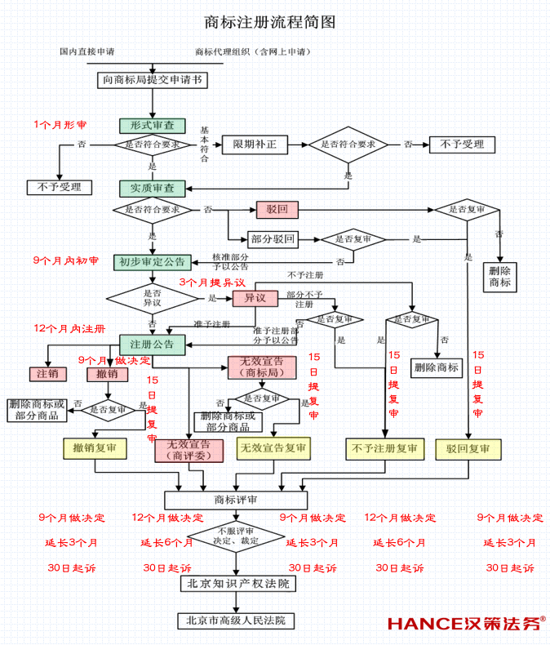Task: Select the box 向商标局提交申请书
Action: coord(152,80)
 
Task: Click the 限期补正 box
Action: coord(255,145)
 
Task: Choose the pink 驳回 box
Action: coord(277,210)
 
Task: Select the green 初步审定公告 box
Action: coord(153,262)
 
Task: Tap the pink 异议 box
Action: coord(255,298)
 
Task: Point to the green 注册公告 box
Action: coord(153,344)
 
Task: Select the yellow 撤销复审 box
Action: coord(94,448)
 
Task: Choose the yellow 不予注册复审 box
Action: coord(384,448)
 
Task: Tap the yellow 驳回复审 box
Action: coord(468,448)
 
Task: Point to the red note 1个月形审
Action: coord(61,124)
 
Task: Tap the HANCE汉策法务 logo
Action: coord(466,624)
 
